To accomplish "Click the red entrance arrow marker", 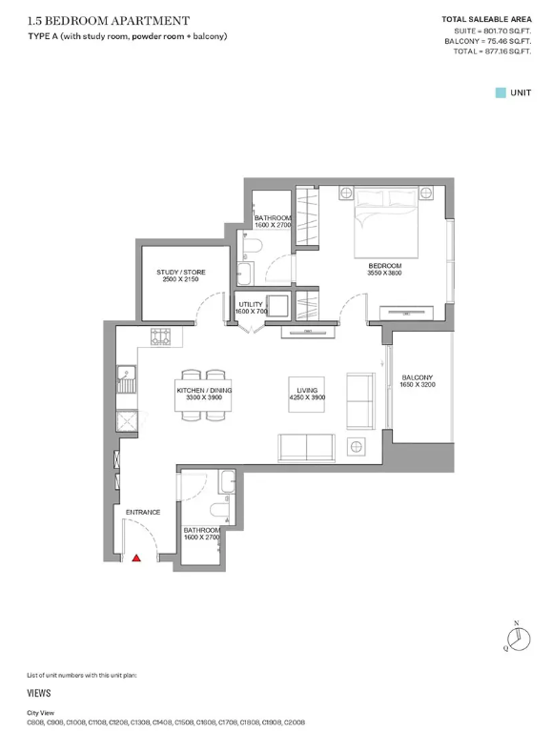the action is click(x=136, y=558).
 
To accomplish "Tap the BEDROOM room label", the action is click(x=384, y=266).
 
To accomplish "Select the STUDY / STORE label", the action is click(x=181, y=272).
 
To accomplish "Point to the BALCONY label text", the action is click(x=418, y=377).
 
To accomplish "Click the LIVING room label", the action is click(x=307, y=390).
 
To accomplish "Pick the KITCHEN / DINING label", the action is click(x=204, y=390).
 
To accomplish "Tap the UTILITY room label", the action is click(x=251, y=304).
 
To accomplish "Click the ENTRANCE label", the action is click(x=143, y=512).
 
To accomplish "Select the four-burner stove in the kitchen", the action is click(x=160, y=336).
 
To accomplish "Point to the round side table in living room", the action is click(x=356, y=447).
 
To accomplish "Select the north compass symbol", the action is click(x=519, y=638).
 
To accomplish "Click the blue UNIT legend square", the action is click(x=501, y=92).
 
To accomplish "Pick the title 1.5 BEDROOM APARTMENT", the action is click(x=109, y=21).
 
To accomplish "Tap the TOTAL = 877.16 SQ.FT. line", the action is click(x=492, y=51).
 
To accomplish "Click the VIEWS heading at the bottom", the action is click(x=39, y=693).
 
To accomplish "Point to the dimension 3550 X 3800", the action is click(x=384, y=273).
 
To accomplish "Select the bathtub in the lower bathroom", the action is click(x=228, y=481).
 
